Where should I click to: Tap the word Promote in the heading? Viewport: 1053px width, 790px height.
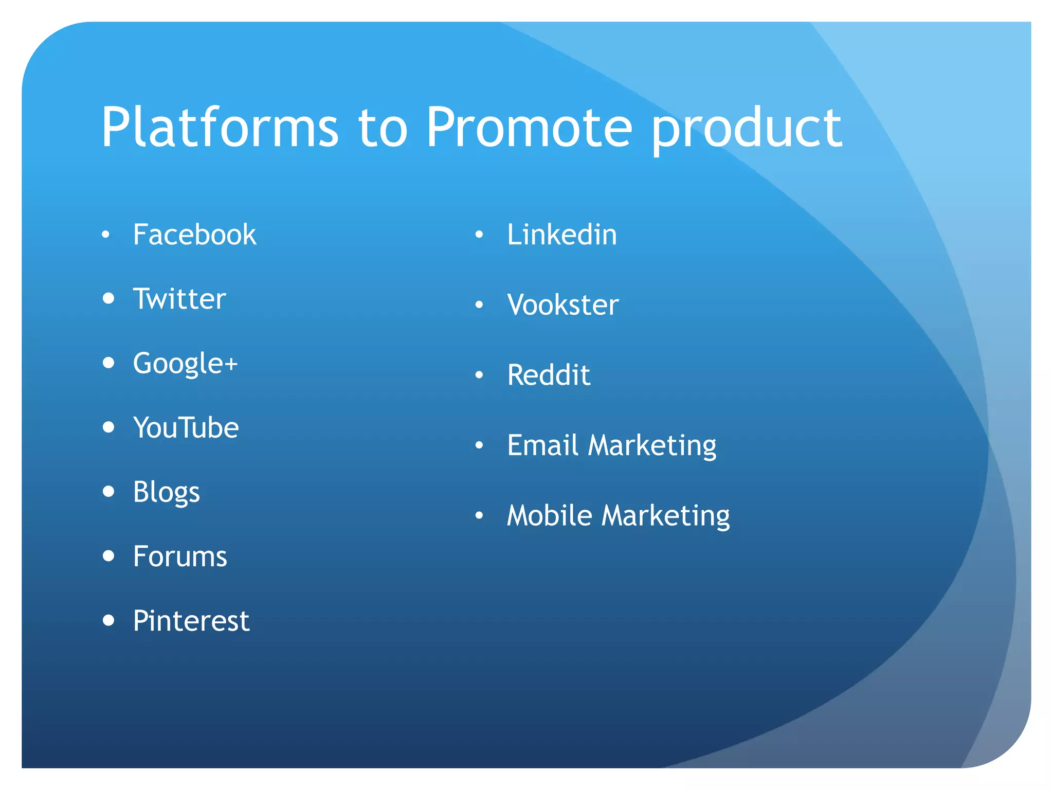tap(529, 128)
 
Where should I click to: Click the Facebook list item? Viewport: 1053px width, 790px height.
tap(194, 235)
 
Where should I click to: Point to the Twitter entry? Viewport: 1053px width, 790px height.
tap(179, 299)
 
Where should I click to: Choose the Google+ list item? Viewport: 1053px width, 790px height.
tap(185, 364)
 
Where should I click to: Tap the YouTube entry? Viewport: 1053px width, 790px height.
tap(186, 427)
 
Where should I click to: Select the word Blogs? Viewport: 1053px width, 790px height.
tap(166, 492)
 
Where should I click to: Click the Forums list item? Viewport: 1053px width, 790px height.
tap(179, 556)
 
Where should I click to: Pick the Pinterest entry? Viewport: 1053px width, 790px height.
tap(191, 621)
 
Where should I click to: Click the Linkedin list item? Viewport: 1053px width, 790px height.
tap(561, 235)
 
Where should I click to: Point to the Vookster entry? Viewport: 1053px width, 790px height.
tap(562, 305)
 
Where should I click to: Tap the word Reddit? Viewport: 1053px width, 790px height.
tap(548, 375)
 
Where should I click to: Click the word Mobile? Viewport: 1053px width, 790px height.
tap(549, 515)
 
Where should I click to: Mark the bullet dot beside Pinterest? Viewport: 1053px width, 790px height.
tap(108, 620)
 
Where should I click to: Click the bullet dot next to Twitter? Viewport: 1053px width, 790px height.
tap(108, 298)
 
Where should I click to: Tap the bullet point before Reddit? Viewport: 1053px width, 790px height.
tap(479, 375)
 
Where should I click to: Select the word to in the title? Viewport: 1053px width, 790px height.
tap(383, 129)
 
